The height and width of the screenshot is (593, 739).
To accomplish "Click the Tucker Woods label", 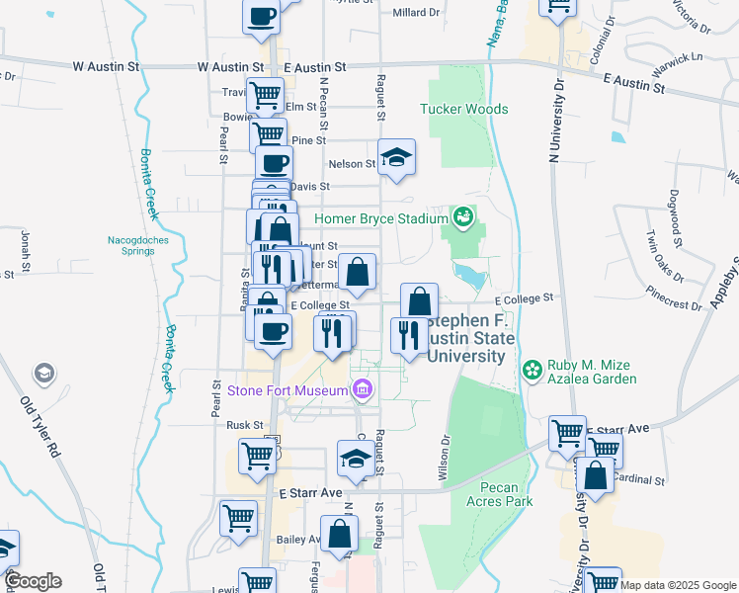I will [464, 110].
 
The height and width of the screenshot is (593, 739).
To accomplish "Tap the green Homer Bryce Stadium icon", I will [462, 215].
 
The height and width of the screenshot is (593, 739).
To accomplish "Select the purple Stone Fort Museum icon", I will [362, 390].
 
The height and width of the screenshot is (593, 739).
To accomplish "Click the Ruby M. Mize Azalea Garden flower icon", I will [533, 370].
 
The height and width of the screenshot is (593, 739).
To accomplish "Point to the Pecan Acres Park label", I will [506, 494].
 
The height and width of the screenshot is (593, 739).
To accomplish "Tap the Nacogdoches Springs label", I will [131, 245].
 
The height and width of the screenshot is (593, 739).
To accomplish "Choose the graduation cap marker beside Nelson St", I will [396, 157].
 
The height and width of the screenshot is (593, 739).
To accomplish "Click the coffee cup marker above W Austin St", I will [262, 17].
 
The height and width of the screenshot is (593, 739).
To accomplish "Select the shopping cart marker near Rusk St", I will [257, 457].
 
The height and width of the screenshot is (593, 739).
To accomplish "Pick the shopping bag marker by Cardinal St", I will [598, 475].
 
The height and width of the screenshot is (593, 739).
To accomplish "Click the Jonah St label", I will [25, 253].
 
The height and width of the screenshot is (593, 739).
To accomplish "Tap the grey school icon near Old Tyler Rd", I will [43, 373].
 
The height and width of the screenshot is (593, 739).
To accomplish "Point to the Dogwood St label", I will [677, 217].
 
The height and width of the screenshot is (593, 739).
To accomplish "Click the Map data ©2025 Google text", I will [679, 585].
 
